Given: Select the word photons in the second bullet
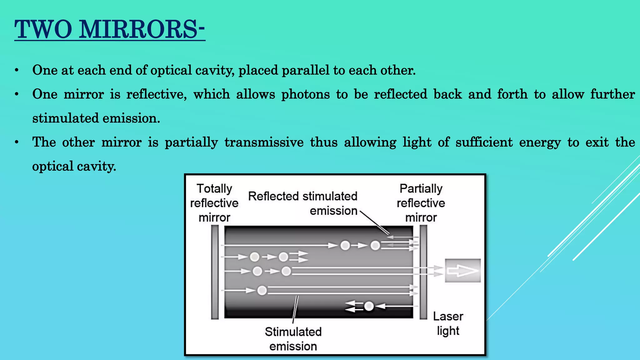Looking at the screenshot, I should pyautogui.click(x=305, y=94).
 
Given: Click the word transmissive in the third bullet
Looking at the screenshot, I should pyautogui.click(x=264, y=142).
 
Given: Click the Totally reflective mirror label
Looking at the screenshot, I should pyautogui.click(x=214, y=203).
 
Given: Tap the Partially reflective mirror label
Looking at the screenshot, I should pyautogui.click(x=421, y=203).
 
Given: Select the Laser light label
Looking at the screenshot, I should pyautogui.click(x=448, y=323).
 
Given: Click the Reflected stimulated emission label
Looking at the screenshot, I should pyautogui.click(x=302, y=203).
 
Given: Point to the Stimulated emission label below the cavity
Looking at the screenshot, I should pyautogui.click(x=293, y=339).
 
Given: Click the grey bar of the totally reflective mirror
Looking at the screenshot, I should pyautogui.click(x=215, y=272).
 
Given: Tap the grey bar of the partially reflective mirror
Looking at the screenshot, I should pyautogui.click(x=423, y=272).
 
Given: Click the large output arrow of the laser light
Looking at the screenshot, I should pyautogui.click(x=462, y=271).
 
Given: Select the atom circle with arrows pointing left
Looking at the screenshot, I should pyautogui.click(x=369, y=306).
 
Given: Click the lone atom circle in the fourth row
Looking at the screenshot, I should pyautogui.click(x=262, y=291).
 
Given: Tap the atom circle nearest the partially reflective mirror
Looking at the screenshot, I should pyautogui.click(x=375, y=246).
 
